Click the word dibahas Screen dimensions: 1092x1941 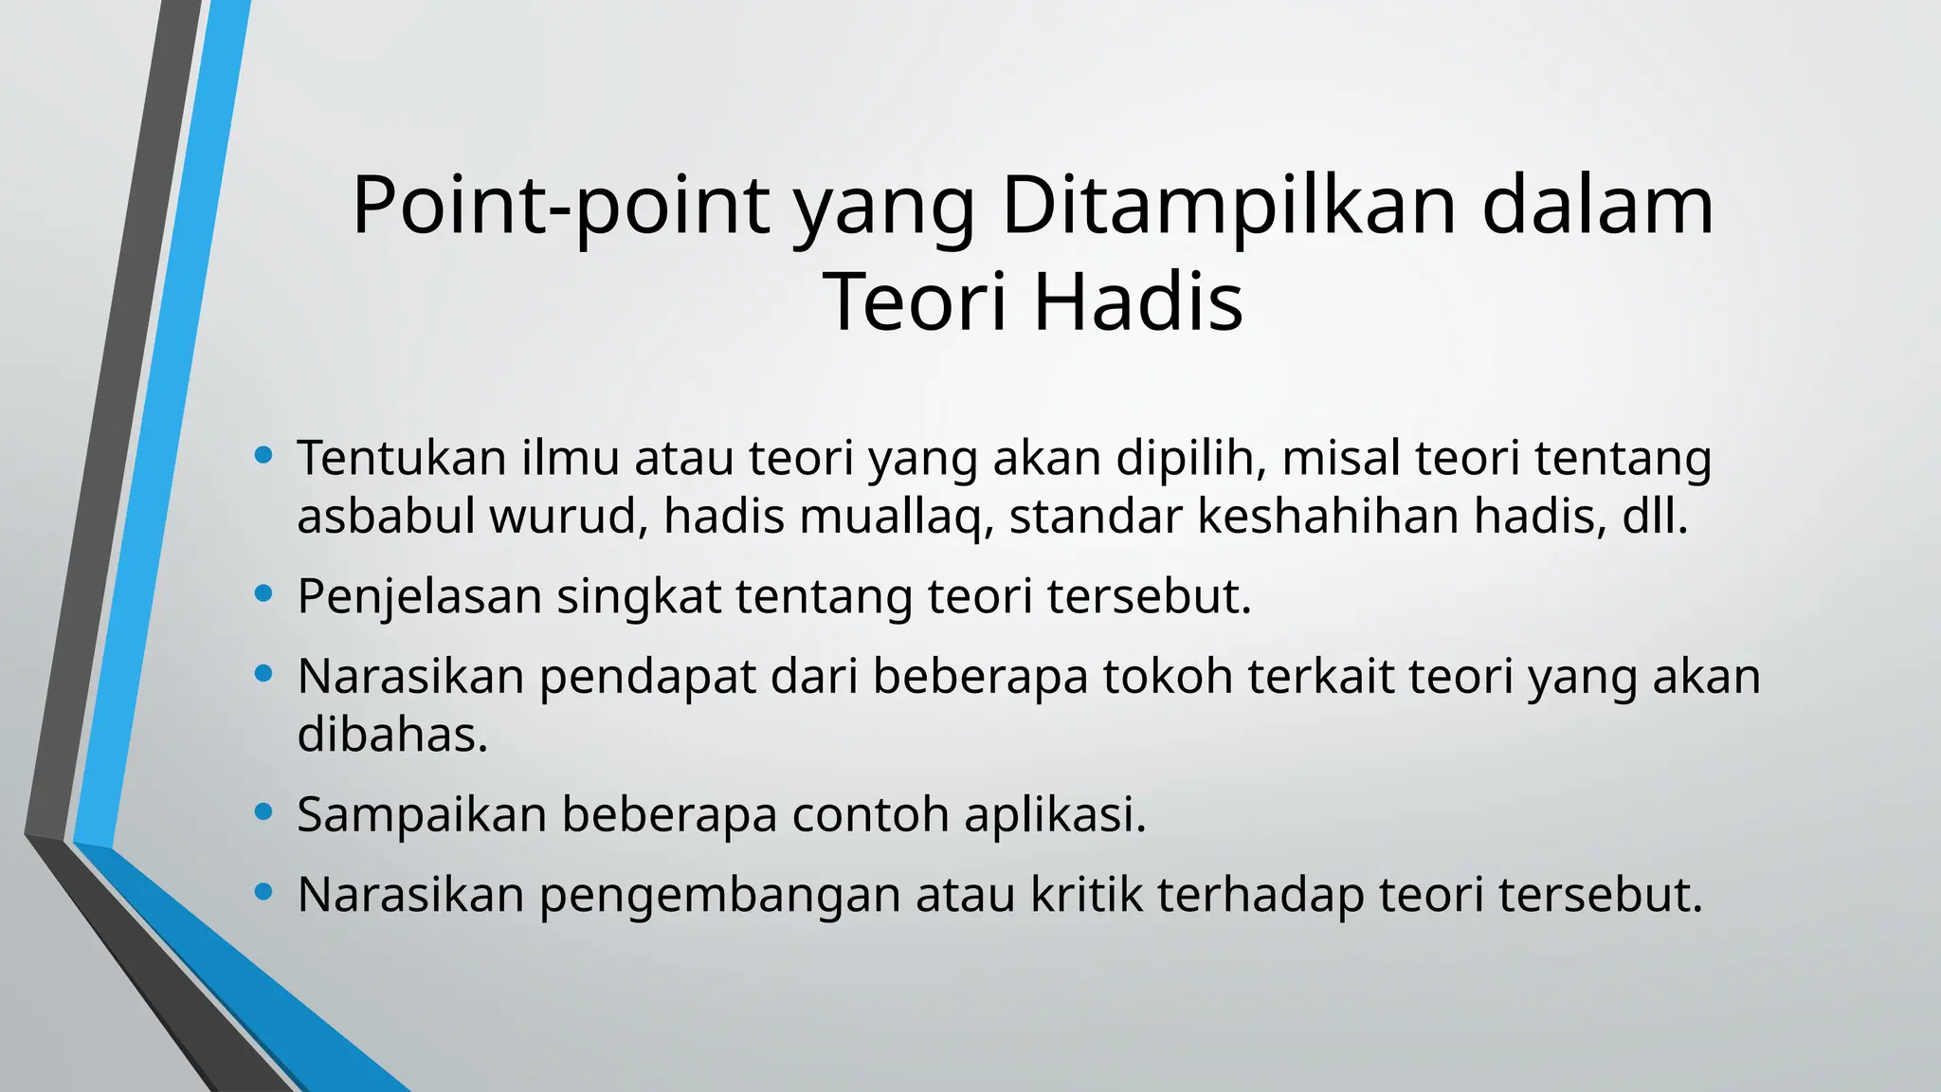click(391, 735)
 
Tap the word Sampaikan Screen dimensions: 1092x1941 click(422, 814)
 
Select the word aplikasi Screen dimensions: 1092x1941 click(1055, 814)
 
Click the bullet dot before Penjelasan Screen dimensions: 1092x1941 click(264, 595)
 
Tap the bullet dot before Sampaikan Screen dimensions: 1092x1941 click(264, 812)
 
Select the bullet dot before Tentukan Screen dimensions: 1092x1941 click(264, 456)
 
